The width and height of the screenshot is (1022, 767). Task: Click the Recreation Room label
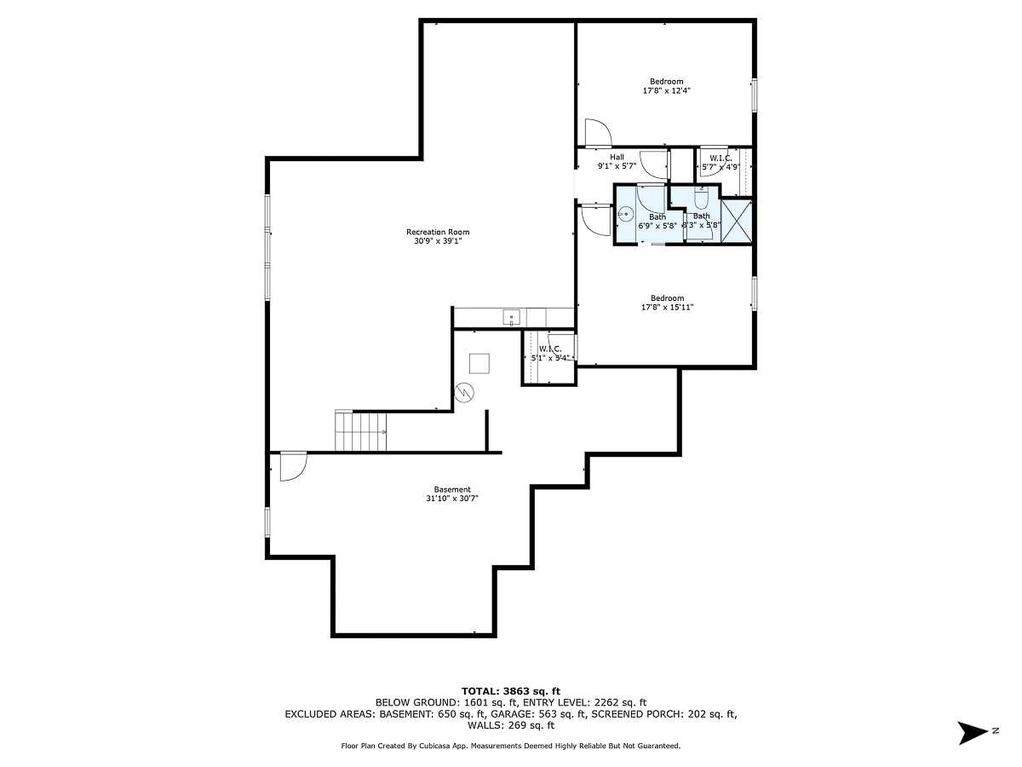tap(438, 232)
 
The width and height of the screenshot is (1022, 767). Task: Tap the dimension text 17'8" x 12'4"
tap(666, 90)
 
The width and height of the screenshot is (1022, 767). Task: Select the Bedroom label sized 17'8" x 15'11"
tap(667, 298)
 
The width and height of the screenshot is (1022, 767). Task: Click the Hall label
tap(617, 157)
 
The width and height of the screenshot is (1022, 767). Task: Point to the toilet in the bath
tap(701, 201)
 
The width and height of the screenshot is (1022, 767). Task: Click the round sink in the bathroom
tap(626, 216)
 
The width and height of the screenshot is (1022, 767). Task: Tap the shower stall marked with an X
tap(737, 221)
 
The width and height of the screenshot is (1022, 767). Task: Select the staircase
tap(361, 431)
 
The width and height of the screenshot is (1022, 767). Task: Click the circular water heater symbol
tap(465, 392)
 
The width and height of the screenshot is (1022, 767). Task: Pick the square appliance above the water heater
tap(479, 363)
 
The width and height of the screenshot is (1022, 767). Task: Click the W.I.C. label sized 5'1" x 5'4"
tap(549, 349)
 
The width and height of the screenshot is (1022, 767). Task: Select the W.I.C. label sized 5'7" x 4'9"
tap(721, 159)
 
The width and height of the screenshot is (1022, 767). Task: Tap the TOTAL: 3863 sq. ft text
tap(510, 690)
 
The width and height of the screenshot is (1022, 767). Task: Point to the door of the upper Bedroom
tap(596, 133)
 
